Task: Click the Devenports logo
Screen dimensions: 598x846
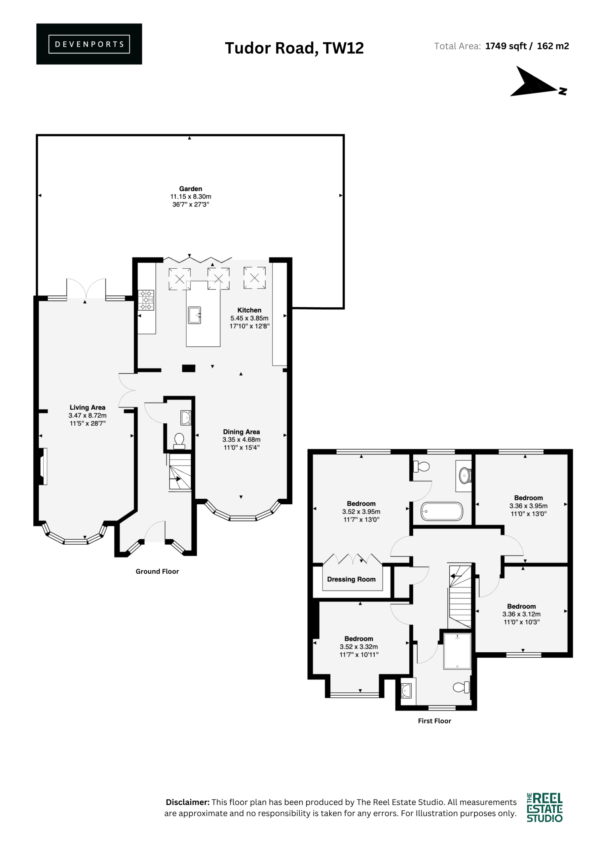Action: coord(89,44)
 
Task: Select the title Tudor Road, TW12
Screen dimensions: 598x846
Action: coord(294,48)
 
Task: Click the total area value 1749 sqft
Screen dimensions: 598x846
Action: coord(506,46)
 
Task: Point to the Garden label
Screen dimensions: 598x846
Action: coord(191,189)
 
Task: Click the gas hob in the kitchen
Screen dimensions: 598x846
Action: coord(146,300)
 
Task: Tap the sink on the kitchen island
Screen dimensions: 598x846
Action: coord(195,315)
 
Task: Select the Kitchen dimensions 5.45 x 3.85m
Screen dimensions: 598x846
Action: coord(249,318)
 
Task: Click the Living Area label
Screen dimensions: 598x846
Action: coord(87,407)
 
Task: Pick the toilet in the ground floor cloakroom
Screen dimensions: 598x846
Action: coord(179,441)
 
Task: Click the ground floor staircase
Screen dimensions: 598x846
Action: coord(180,472)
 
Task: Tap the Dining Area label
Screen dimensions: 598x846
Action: coord(241,432)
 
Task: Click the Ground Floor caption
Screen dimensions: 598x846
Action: coord(157,571)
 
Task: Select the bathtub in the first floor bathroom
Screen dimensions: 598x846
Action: coord(442,512)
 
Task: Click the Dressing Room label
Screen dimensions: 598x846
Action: coord(352,579)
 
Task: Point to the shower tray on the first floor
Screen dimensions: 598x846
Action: coord(457,651)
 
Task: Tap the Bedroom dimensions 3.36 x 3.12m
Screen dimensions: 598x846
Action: coord(521,614)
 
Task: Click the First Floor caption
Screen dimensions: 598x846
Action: coord(434,721)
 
